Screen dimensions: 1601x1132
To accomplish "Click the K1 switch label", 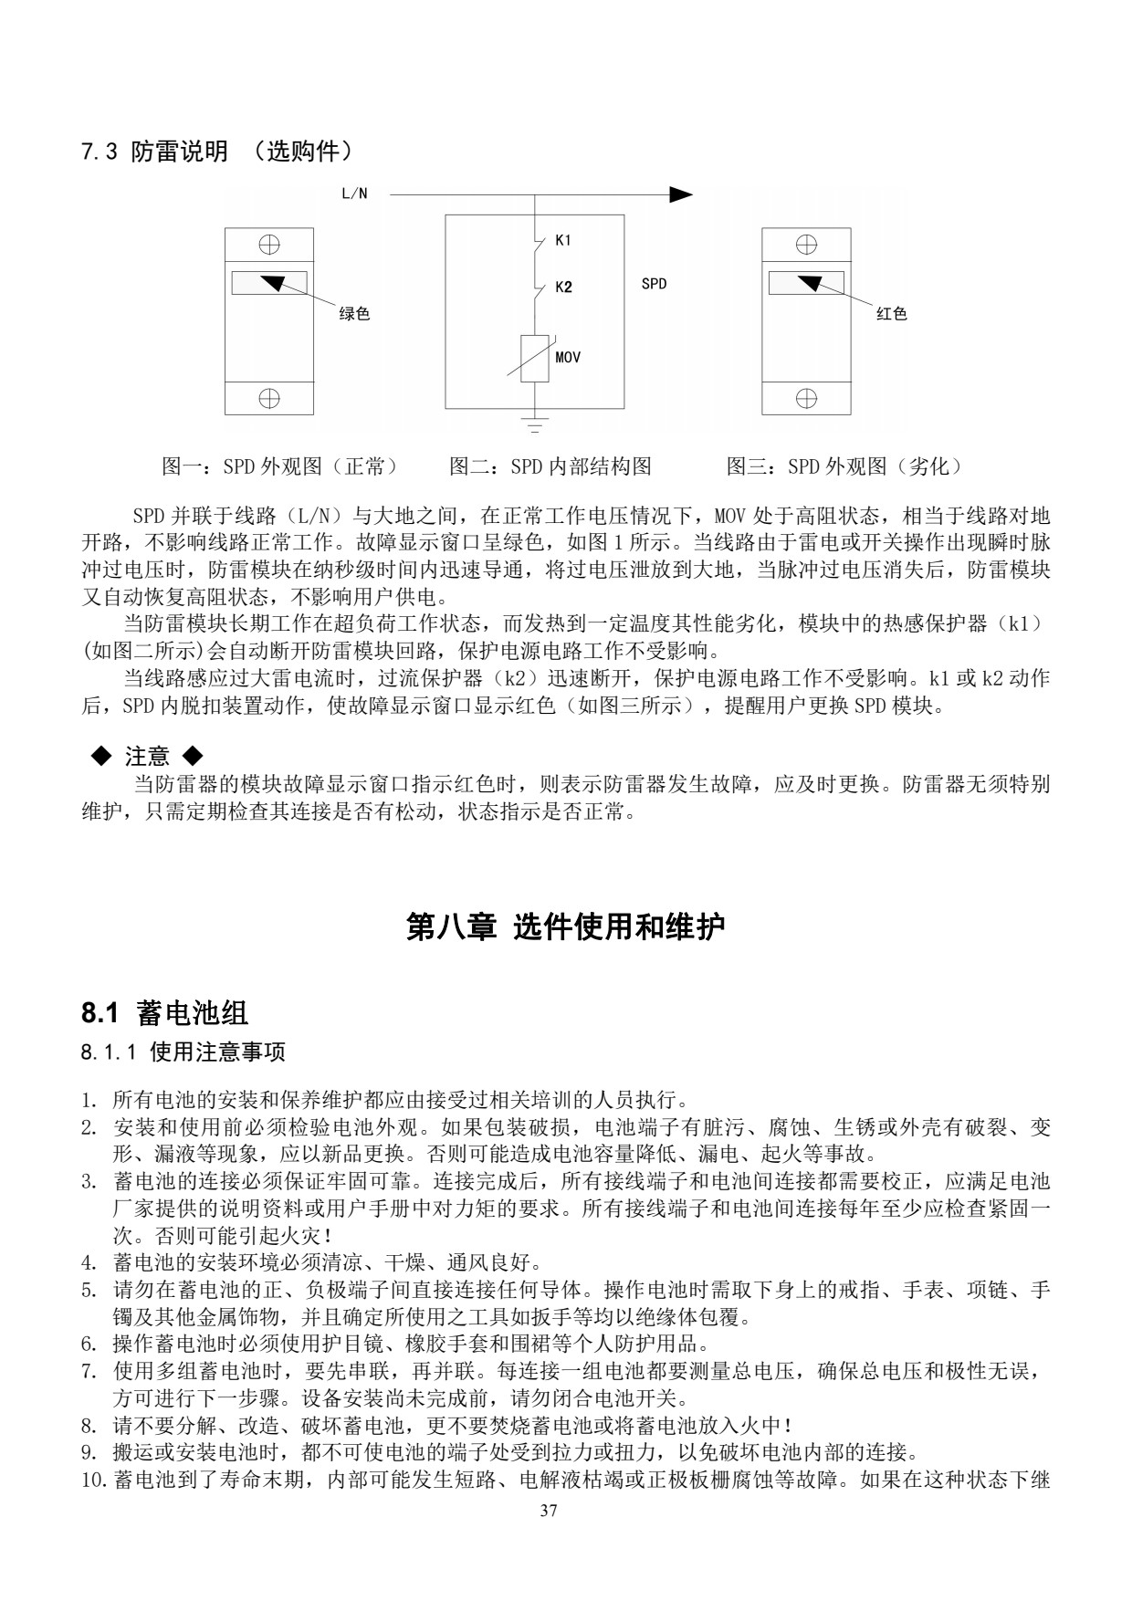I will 563,241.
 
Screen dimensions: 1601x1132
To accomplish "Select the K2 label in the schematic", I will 563,288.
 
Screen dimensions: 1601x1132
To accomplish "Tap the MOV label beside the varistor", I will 568,357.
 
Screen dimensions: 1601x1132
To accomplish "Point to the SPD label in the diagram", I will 654,284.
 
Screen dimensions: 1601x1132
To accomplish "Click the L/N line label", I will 354,194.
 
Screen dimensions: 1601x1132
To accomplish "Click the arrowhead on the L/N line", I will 681,194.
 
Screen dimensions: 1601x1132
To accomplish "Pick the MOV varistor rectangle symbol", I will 534,357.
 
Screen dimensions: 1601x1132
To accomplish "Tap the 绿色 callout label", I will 354,314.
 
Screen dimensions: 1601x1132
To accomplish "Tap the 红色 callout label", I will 891,314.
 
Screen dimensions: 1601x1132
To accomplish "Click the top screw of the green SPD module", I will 269,245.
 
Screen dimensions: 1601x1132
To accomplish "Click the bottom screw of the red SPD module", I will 806,398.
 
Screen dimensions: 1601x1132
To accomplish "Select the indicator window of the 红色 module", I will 805,283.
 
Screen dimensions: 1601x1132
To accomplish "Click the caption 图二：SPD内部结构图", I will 550,467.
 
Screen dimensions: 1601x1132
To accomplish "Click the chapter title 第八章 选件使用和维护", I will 565,927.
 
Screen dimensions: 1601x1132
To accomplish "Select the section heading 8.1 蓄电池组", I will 165,1012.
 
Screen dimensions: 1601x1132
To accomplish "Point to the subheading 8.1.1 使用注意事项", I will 183,1052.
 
